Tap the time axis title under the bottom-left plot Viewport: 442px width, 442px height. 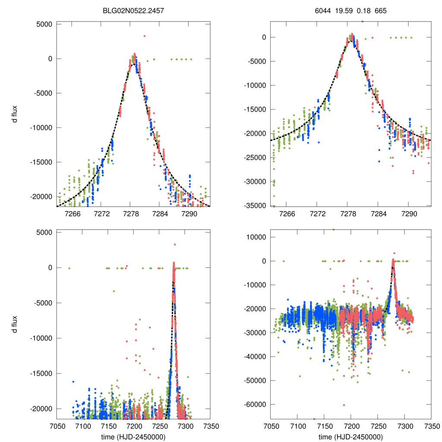click(133, 436)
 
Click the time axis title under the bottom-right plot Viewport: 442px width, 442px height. click(351, 436)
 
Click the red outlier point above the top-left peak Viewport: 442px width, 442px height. click(145, 36)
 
